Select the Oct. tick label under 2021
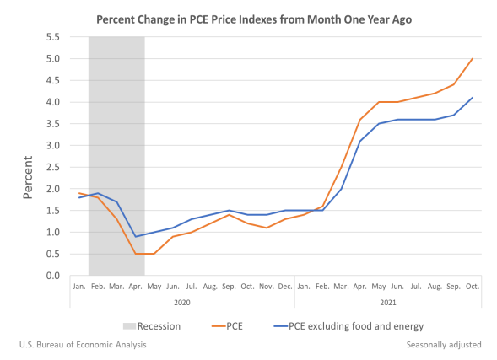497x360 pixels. (x=473, y=287)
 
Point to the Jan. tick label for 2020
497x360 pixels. (x=79, y=287)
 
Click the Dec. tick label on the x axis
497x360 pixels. (x=285, y=287)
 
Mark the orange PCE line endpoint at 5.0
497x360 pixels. (x=473, y=58)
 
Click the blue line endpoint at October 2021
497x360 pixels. (x=473, y=98)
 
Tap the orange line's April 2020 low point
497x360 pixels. (x=136, y=254)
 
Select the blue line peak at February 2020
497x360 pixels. (x=98, y=193)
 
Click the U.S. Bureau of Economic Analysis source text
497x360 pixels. (x=81, y=344)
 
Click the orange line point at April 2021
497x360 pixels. (x=360, y=120)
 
